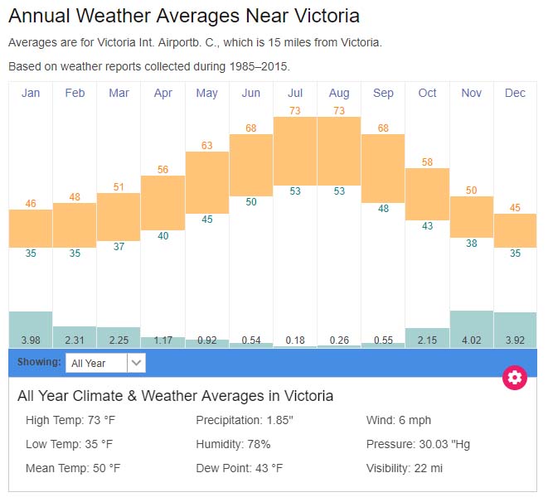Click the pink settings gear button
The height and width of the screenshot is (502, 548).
coord(515,378)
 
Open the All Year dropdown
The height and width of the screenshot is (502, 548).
coord(106,363)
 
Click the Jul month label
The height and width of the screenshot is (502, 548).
coord(295,93)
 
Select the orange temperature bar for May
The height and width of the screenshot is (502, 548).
coord(207,182)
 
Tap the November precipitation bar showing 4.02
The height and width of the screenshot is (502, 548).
coord(471,329)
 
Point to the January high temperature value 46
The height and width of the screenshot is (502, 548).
coord(31,204)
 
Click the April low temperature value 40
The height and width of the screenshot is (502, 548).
coord(163,236)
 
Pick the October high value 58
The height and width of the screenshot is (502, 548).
coord(427,162)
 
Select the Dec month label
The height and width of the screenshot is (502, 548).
coord(515,93)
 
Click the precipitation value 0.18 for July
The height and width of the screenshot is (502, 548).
coord(295,340)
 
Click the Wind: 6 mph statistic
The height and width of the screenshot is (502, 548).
coord(398,420)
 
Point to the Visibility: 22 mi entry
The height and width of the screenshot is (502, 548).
coord(404,468)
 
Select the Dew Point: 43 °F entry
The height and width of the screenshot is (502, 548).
coord(239,468)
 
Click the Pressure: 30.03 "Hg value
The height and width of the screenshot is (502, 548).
coord(418,444)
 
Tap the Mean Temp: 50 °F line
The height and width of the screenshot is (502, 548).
coord(73,468)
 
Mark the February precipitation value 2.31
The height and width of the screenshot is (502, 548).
coord(75,340)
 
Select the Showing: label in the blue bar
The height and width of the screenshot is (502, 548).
coord(39,362)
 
